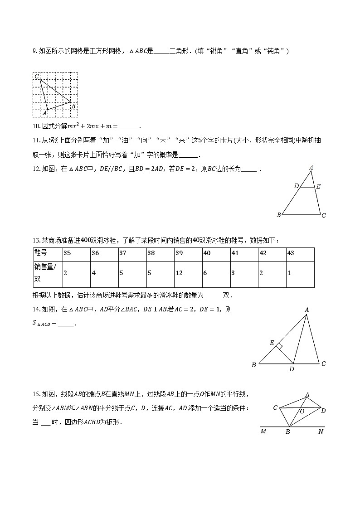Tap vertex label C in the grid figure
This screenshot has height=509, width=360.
(x=36, y=76)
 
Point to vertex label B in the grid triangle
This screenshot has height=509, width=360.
(x=73, y=106)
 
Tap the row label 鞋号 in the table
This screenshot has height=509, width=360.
(x=41, y=253)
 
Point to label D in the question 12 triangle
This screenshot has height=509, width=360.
(x=296, y=186)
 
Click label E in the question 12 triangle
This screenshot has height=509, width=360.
(x=318, y=186)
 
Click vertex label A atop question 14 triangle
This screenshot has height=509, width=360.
(x=307, y=310)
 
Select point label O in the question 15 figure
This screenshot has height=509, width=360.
(x=302, y=411)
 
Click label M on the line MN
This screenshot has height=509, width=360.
(x=263, y=431)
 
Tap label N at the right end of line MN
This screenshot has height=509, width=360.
(x=321, y=431)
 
